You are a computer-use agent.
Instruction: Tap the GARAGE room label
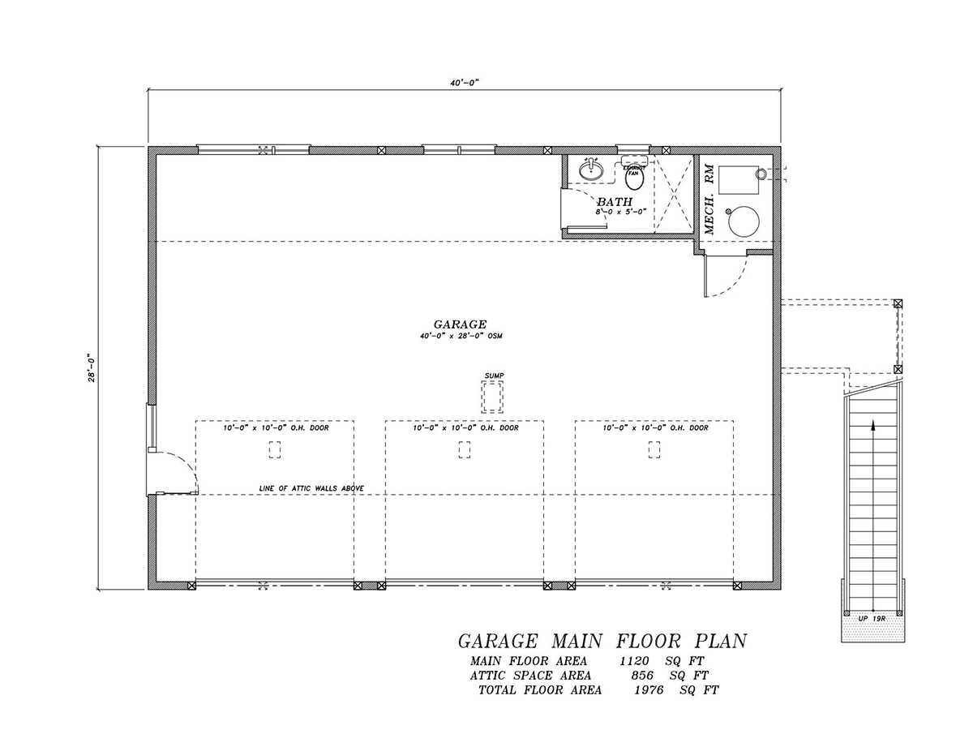pyautogui.click(x=459, y=324)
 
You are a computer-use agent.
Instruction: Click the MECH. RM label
pyautogui.click(x=709, y=199)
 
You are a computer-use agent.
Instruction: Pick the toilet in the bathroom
pyautogui.click(x=633, y=175)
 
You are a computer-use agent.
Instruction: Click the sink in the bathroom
pyautogui.click(x=591, y=170)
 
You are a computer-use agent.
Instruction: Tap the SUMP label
pyautogui.click(x=494, y=375)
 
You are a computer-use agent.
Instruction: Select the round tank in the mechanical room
pyautogui.click(x=744, y=221)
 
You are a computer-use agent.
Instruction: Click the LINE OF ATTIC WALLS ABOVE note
pyautogui.click(x=311, y=487)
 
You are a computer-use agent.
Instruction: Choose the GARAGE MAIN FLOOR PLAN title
pyautogui.click(x=602, y=641)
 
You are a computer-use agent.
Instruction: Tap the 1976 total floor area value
pyautogui.click(x=650, y=690)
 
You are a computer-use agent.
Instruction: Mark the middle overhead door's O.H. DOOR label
pyautogui.click(x=465, y=427)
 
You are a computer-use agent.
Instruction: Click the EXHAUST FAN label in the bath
pyautogui.click(x=633, y=168)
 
